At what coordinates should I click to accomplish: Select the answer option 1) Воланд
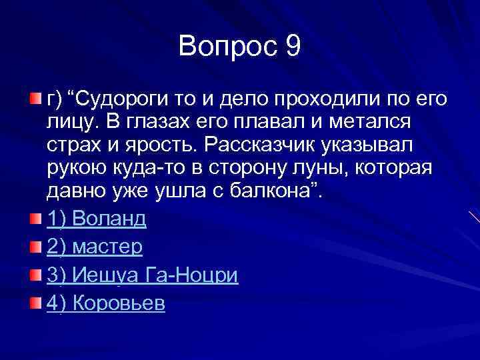click(96, 218)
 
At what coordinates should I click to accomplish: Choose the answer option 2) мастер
click(95, 247)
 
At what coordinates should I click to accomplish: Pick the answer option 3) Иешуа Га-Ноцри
click(142, 275)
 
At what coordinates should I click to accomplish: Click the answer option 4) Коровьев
click(106, 304)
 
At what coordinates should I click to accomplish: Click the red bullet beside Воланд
click(35, 219)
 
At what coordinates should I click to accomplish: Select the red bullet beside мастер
click(35, 247)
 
